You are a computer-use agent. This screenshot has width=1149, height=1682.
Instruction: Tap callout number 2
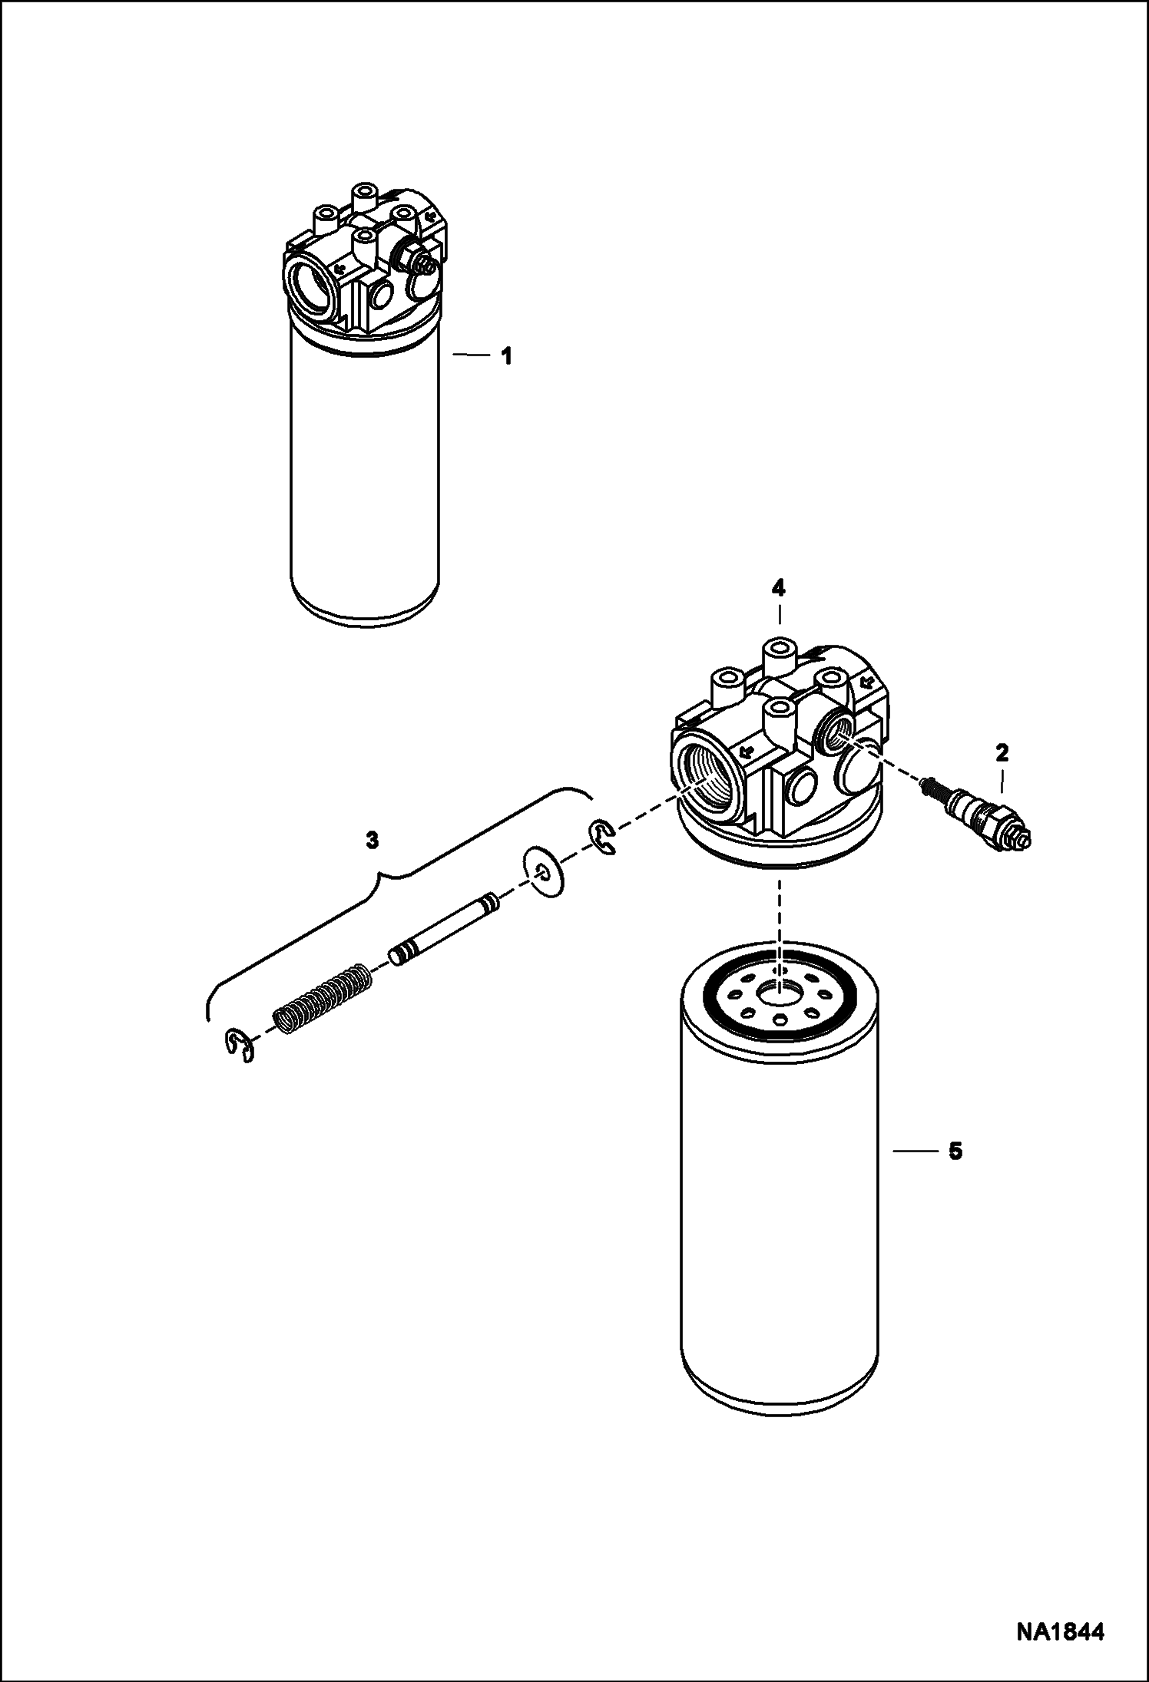[x=1002, y=753]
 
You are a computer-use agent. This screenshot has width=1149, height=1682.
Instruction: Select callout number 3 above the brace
[x=372, y=841]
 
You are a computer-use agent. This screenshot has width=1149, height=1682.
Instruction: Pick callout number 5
[x=955, y=1173]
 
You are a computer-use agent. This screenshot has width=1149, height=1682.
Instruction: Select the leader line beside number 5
[x=913, y=1172]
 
